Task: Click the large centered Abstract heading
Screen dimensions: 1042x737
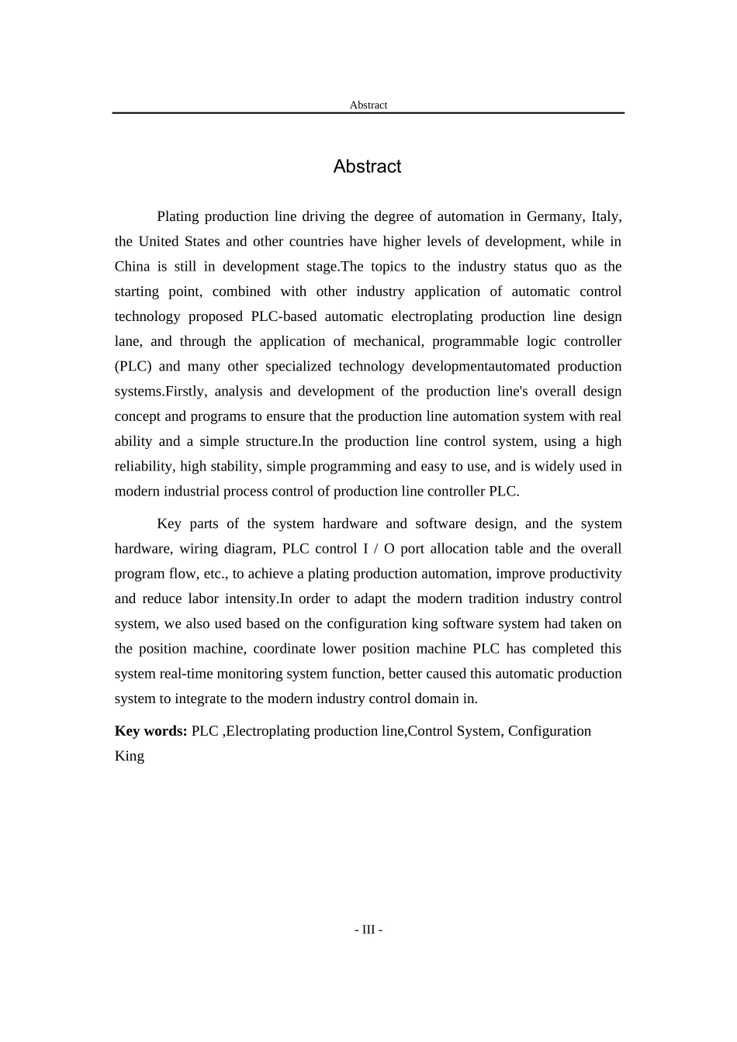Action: (367, 167)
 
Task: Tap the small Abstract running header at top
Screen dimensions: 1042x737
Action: (368, 105)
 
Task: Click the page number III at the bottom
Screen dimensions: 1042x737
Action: (368, 930)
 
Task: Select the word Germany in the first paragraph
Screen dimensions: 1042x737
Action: (555, 216)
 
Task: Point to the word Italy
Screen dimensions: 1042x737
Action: (606, 216)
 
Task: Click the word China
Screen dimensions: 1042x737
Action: (132, 267)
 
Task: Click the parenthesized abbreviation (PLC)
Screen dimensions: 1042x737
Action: (137, 367)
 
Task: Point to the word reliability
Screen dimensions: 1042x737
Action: (144, 467)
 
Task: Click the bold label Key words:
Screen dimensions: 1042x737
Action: (151, 731)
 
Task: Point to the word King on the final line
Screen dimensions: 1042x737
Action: (129, 756)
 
